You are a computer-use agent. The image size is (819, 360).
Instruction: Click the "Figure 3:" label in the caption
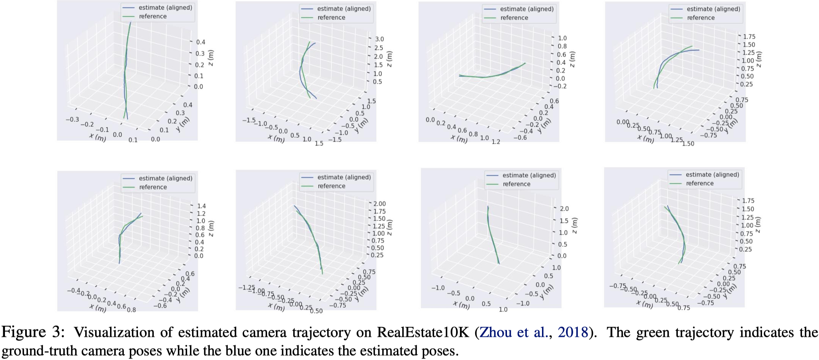pyautogui.click(x=33, y=332)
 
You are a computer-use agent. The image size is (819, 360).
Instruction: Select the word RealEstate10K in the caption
pyautogui.click(x=423, y=332)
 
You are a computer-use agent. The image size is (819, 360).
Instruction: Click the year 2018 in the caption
pyautogui.click(x=572, y=332)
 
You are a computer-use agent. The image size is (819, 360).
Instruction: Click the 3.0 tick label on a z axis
pyautogui.click(x=379, y=39)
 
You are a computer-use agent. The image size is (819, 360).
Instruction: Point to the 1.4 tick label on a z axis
pyautogui.click(x=201, y=206)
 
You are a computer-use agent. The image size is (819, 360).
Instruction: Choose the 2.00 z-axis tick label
pyautogui.click(x=380, y=204)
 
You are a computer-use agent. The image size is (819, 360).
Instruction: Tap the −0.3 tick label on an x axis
pyautogui.click(x=72, y=119)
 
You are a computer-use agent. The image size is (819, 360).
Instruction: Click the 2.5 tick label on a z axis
pyautogui.click(x=379, y=48)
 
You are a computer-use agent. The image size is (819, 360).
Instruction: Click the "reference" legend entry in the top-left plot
pyautogui.click(x=152, y=16)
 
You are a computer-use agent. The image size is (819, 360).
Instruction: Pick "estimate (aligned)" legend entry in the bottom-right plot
pyautogui.click(x=712, y=175)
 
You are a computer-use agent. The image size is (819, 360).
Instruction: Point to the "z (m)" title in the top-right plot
pyautogui.click(x=758, y=59)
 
